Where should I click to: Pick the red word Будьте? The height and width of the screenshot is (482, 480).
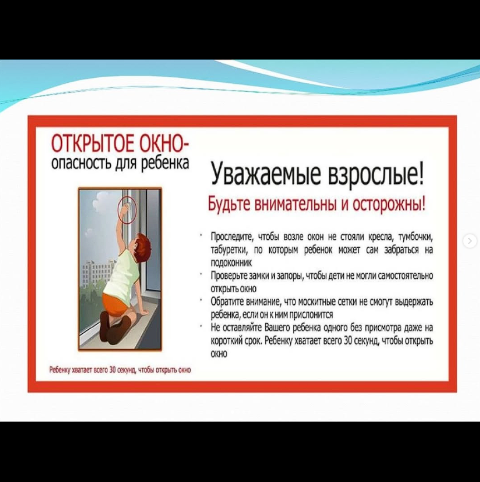tap(229, 204)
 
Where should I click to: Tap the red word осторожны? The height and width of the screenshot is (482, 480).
tap(389, 204)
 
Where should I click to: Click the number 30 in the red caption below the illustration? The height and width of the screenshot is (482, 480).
tap(112, 369)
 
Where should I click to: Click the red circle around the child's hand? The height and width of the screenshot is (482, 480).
tap(127, 210)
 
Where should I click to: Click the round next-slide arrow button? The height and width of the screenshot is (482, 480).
tap(471, 240)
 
